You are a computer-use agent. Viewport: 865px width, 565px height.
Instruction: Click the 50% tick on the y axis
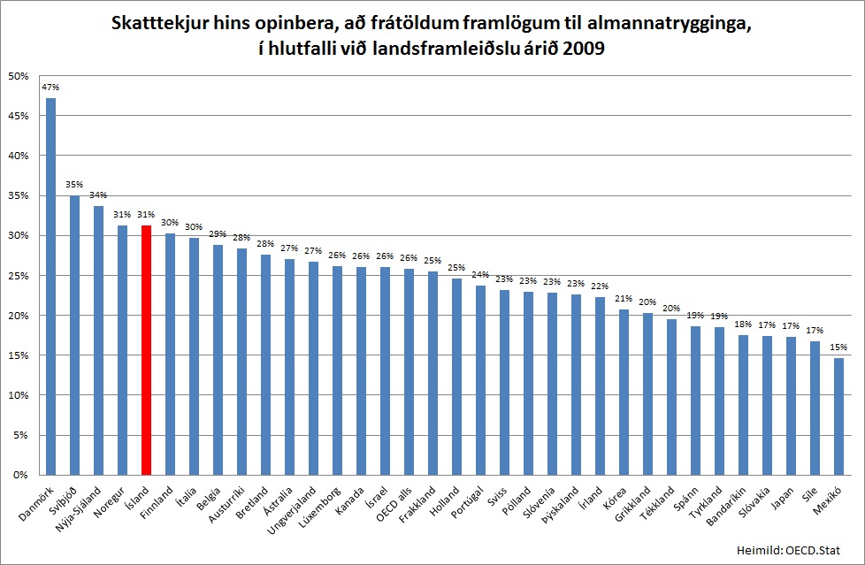tap(18, 76)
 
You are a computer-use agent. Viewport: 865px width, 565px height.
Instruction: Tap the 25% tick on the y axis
tap(18, 276)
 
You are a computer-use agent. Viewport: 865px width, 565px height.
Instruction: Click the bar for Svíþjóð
tap(74, 335)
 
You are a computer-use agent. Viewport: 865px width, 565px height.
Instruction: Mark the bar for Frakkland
tap(432, 372)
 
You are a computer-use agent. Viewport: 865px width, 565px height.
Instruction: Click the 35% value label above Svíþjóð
tap(74, 185)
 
